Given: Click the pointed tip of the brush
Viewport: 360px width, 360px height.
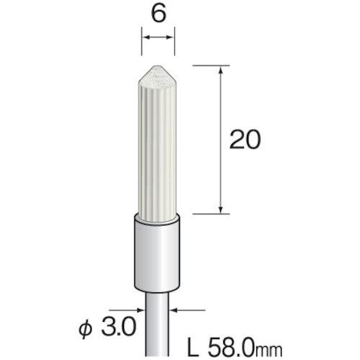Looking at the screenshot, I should pyautogui.click(x=158, y=66).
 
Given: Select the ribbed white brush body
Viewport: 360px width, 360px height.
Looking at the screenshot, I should pyautogui.click(x=158, y=144).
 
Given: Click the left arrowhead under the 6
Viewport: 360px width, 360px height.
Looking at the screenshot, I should pyautogui.click(x=145, y=38).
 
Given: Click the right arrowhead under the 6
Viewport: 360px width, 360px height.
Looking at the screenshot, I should pyautogui.click(x=171, y=38).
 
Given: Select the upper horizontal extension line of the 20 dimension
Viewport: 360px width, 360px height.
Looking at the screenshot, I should pyautogui.click(x=208, y=66).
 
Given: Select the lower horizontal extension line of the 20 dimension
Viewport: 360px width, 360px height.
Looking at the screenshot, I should pyautogui.click(x=208, y=213).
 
